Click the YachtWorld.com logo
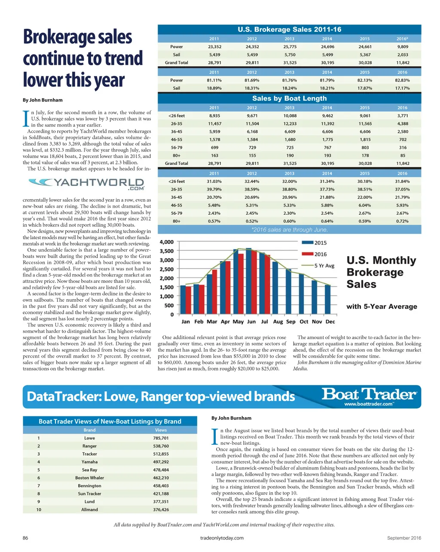click(x=87, y=184)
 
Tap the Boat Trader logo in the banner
click(x=369, y=396)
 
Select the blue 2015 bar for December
click(x=328, y=300)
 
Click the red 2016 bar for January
click(x=189, y=300)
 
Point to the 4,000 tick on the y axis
click(x=167, y=242)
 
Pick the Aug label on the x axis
click(x=278, y=321)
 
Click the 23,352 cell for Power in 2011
click(x=214, y=47)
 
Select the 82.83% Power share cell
click(x=402, y=80)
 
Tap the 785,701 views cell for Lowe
click(x=161, y=438)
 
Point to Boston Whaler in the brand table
click(x=89, y=478)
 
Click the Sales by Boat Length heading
click(x=289, y=98)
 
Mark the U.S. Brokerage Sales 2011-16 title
click(x=289, y=30)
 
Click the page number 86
click(x=25, y=538)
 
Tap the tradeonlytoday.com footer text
click(x=222, y=538)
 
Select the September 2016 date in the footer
click(x=404, y=538)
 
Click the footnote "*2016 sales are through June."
click(x=289, y=230)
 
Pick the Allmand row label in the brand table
click(x=89, y=510)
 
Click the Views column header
click(x=161, y=430)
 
